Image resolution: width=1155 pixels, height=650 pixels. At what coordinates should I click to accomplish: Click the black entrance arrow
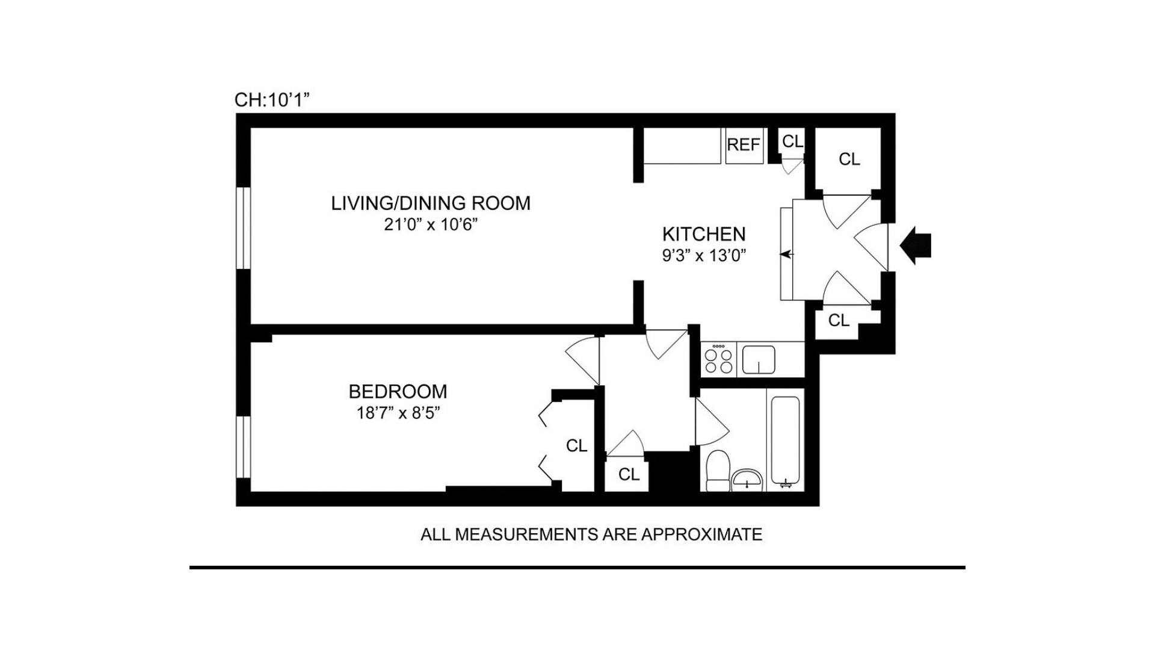[917, 245]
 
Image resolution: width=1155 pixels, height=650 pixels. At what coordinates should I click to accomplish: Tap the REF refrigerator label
[744, 145]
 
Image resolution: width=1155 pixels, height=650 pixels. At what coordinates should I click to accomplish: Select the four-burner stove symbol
[719, 360]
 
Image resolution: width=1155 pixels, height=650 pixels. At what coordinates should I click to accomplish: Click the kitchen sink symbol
[759, 360]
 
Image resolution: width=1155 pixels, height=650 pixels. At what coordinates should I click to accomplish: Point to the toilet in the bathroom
[716, 471]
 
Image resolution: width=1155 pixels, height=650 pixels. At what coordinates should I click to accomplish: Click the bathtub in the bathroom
[786, 439]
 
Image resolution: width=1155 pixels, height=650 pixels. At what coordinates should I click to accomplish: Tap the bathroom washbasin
[747, 480]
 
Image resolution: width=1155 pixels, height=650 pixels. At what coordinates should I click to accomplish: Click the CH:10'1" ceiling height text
[272, 100]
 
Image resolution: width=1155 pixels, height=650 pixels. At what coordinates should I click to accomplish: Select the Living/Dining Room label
[431, 203]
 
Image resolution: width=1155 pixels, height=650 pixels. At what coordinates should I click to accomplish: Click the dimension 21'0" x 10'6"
[431, 225]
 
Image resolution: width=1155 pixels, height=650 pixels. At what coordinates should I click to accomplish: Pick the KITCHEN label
[704, 234]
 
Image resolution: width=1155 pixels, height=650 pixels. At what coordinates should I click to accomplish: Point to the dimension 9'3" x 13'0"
[704, 256]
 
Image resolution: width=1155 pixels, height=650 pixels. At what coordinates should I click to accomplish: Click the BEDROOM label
[398, 392]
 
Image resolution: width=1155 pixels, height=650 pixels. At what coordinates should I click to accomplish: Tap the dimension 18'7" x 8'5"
[398, 413]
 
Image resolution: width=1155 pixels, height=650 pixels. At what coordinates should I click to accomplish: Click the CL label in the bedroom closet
[576, 446]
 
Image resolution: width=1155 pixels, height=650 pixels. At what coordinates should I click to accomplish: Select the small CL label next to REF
[792, 141]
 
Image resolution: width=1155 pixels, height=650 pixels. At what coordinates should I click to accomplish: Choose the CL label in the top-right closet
[849, 159]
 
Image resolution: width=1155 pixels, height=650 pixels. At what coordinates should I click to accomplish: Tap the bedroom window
[242, 447]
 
